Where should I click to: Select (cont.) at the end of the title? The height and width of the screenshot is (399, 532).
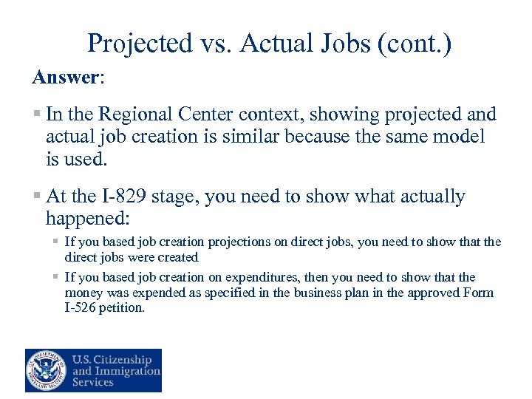click(415, 44)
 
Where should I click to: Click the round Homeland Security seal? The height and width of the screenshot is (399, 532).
click(46, 370)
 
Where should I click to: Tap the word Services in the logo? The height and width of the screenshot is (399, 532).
click(92, 382)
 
